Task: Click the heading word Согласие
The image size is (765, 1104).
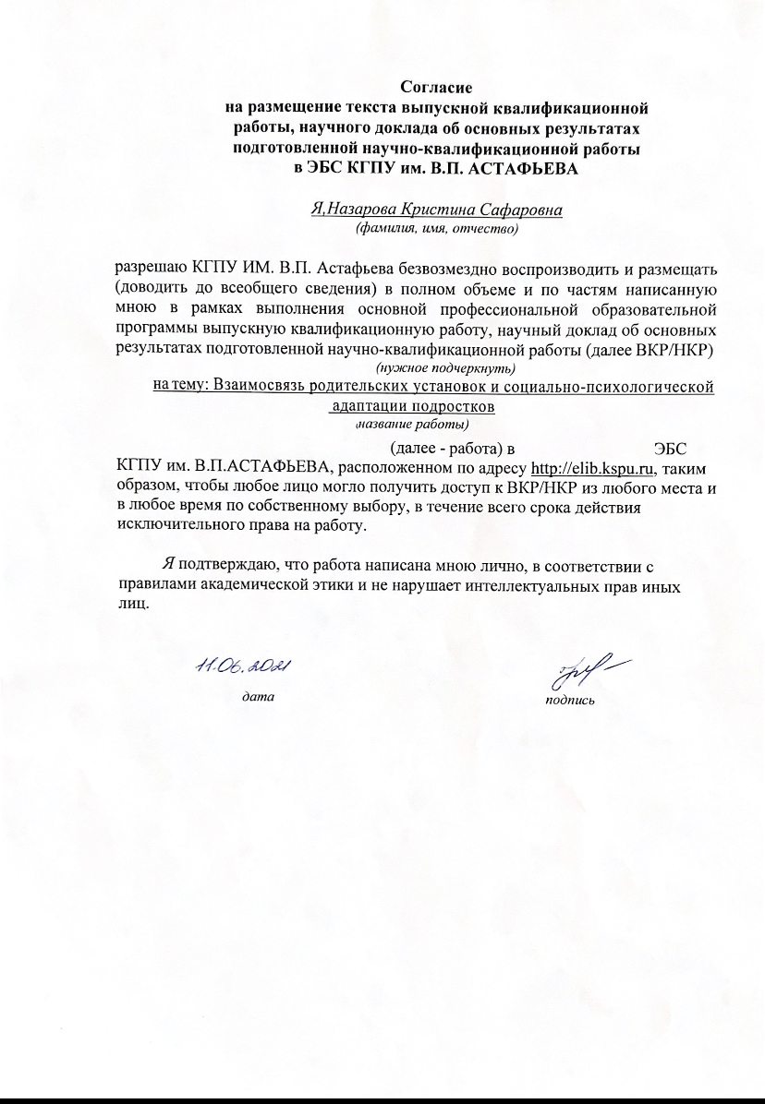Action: tap(436, 89)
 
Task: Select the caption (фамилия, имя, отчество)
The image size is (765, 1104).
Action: tap(437, 226)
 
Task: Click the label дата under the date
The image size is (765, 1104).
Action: tap(258, 696)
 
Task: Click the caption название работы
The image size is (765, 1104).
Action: tap(413, 425)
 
